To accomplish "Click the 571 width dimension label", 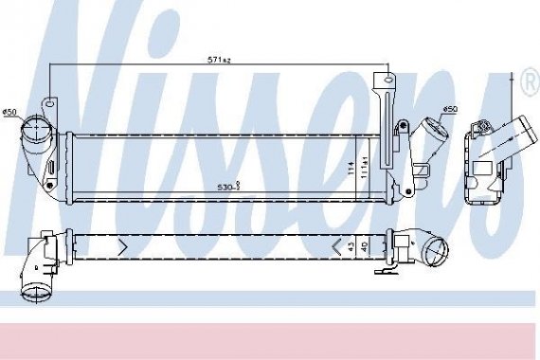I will pos(220,60).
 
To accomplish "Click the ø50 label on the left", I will pos(10,114).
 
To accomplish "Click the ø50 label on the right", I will pos(451,110).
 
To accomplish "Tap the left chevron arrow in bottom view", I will pos(121,247).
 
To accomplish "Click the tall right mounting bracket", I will pos(385,123).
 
